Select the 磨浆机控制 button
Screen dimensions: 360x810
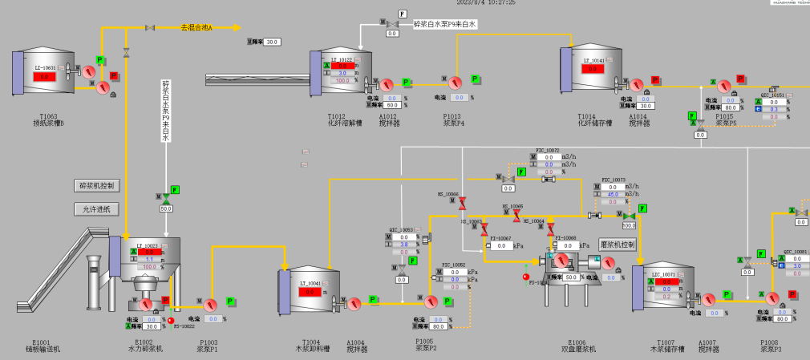(617, 244)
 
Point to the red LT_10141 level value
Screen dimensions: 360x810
(593, 69)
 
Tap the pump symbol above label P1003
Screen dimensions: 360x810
(210, 305)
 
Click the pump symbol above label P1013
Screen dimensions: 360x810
(455, 83)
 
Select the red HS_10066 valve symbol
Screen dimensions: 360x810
(463, 204)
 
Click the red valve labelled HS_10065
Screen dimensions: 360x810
(516, 215)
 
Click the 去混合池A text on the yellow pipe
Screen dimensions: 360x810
(196, 27)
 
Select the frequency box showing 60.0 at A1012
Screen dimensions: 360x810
(393, 105)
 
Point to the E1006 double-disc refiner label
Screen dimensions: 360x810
(577, 346)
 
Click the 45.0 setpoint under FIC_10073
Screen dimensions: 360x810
(611, 193)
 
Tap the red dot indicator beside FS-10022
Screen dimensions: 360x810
(171, 320)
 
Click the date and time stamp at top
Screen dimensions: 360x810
(486, 2)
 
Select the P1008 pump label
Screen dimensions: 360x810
(771, 346)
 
